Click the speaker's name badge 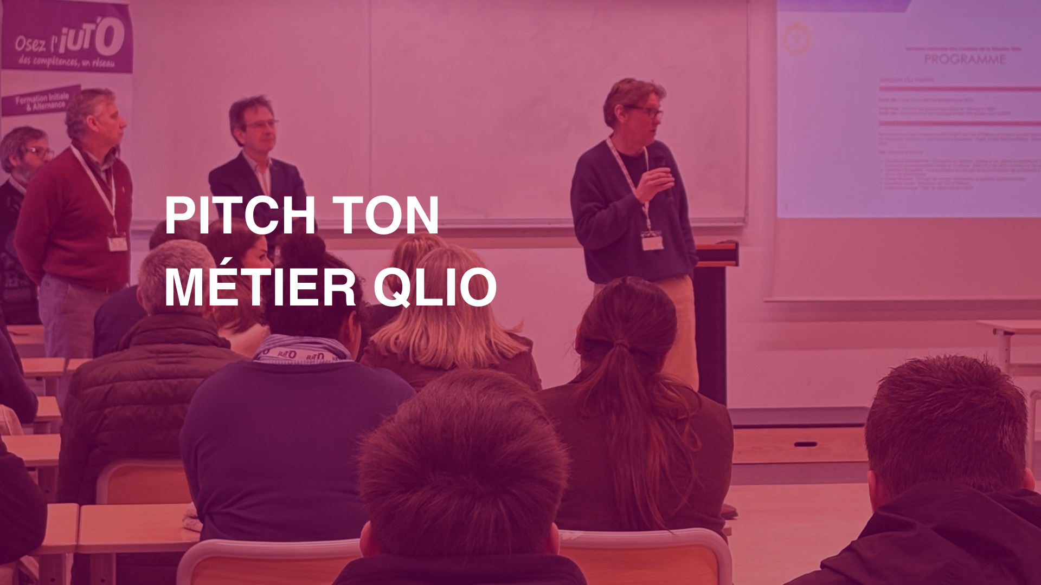coord(652,240)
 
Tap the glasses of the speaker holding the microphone coord(647,112)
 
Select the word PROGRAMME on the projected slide coord(965,60)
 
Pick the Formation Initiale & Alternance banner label coord(42,101)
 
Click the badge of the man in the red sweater coord(117,243)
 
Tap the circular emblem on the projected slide coord(796,38)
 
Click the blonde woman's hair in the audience coord(445,309)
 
